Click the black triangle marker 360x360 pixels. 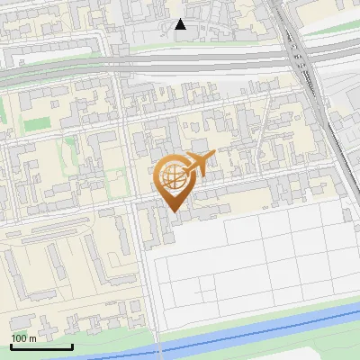tap(181, 24)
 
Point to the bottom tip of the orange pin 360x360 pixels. tap(174, 211)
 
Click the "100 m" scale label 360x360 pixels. tap(24, 337)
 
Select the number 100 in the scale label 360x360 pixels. tap(20, 337)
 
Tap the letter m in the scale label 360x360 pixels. tap(32, 337)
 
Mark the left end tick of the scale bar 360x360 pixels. tap(12, 345)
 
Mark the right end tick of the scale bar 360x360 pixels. tap(72, 345)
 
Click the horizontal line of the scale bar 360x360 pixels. tap(41, 346)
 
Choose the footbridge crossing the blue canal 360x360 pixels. tap(158, 346)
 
